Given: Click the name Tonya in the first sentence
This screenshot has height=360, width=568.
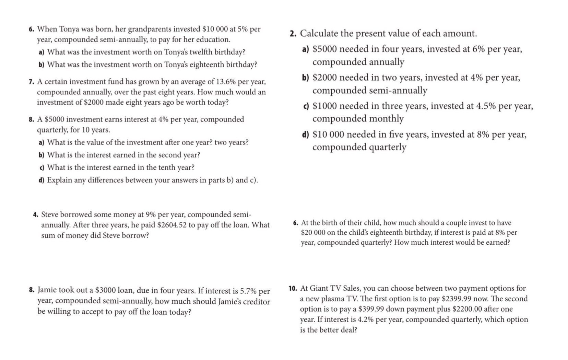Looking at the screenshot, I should (70, 29).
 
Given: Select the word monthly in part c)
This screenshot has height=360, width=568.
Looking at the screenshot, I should (387, 119).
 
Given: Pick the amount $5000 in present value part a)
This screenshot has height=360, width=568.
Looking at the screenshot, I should (325, 49).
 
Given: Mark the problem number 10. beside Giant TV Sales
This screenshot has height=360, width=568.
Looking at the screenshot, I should (293, 288).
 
